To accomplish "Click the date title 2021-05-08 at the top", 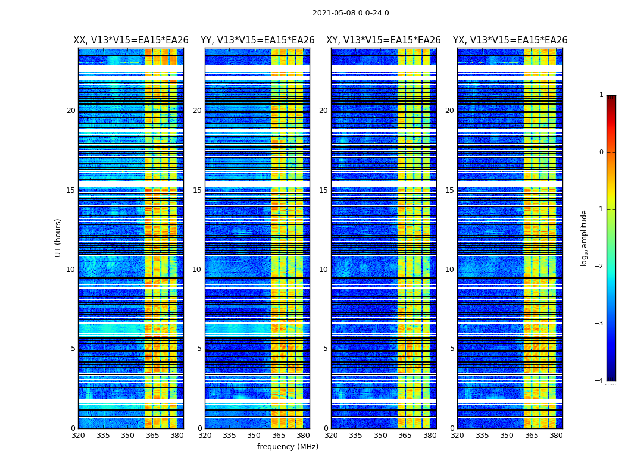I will [351, 13].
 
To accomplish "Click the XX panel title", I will [131, 40].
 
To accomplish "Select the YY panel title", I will [257, 40].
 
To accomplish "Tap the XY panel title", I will [383, 40].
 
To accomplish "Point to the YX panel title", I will [510, 40].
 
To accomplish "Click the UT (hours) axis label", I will [58, 237].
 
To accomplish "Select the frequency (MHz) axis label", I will [287, 447].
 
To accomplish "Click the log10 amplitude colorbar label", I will [585, 237].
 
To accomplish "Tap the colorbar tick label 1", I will [601, 95].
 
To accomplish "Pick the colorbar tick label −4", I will [599, 381].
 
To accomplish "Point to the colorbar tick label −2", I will [599, 267].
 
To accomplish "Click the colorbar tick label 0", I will [601, 152].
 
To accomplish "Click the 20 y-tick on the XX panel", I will [71, 111].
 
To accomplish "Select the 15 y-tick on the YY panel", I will [197, 190].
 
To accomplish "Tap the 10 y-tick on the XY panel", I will [323, 270].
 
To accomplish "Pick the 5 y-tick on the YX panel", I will [452, 349].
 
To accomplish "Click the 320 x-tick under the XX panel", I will [78, 436].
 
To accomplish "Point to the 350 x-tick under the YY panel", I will [254, 436].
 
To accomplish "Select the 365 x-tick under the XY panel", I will [405, 436].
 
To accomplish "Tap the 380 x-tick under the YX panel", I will [556, 436].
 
